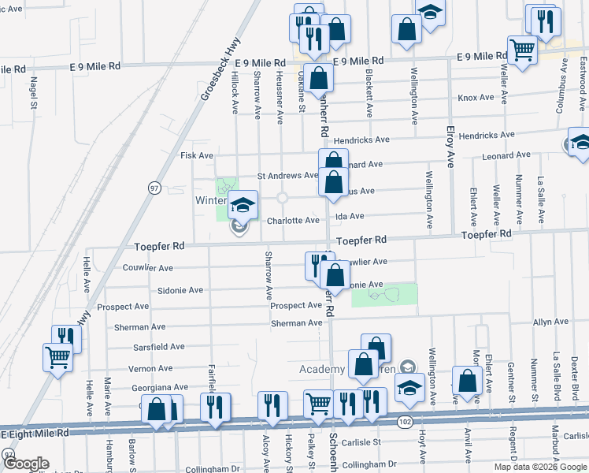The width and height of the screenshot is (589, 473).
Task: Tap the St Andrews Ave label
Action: pyautogui.click(x=288, y=176)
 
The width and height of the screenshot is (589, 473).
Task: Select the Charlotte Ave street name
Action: pyautogui.click(x=293, y=221)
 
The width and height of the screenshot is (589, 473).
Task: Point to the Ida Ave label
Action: pyautogui.click(x=351, y=216)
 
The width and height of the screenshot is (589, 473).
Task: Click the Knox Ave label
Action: pyautogui.click(x=476, y=98)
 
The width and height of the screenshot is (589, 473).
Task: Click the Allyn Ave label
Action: pyautogui.click(x=550, y=322)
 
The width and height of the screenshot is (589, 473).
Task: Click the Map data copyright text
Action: pyautogui.click(x=541, y=467)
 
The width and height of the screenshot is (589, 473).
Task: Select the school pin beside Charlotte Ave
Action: pyautogui.click(x=243, y=205)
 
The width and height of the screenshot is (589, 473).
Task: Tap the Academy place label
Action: pyautogui.click(x=322, y=369)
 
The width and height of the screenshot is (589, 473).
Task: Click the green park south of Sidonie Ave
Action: pyautogui.click(x=383, y=295)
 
